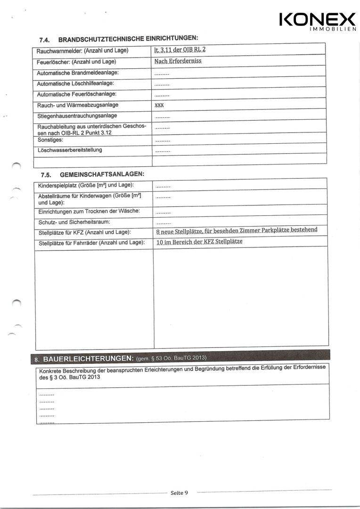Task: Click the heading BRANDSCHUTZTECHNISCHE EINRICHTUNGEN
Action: [x=128, y=38]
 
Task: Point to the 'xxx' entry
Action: [x=159, y=105]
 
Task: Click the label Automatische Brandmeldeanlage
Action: [x=78, y=73]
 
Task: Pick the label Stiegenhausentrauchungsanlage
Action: [x=77, y=115]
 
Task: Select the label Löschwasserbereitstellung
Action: [x=69, y=150]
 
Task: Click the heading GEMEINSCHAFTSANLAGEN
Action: [x=101, y=174]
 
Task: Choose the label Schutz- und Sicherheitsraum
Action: [x=74, y=222]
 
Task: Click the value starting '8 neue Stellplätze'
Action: [x=236, y=230]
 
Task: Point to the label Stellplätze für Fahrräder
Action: [x=91, y=242]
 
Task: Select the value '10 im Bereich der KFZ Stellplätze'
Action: [x=199, y=242]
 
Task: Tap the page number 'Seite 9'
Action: [x=179, y=493]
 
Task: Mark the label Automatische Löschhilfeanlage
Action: [x=75, y=83]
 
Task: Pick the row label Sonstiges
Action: [x=50, y=140]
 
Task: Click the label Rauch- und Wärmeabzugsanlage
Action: [x=78, y=105]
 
